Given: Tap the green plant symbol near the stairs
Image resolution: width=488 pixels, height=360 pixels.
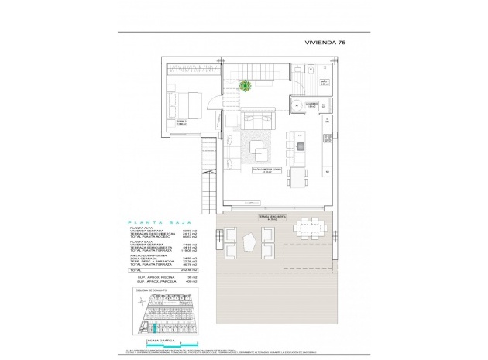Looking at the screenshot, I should [x=246, y=86].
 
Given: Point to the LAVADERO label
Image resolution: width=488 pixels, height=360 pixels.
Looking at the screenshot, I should [x=312, y=103].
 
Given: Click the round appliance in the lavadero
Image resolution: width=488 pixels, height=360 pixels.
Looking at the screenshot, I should [x=295, y=107].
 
